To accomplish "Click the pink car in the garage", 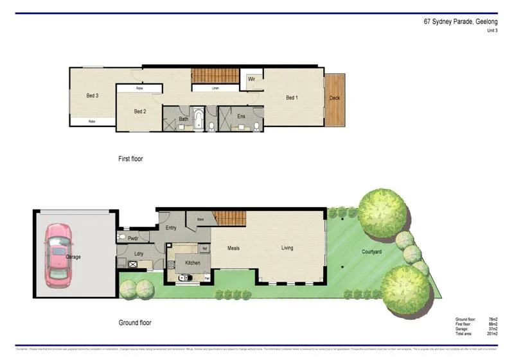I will pyautogui.click(x=58, y=255).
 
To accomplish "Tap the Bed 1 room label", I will pyautogui.click(x=292, y=97).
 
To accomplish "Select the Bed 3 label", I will pyautogui.click(x=92, y=96).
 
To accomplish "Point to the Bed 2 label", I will pyautogui.click(x=141, y=112).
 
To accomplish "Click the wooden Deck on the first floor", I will pyautogui.click(x=335, y=99).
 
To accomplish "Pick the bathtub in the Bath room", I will pyautogui.click(x=199, y=119).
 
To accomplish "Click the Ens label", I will pyautogui.click(x=241, y=116).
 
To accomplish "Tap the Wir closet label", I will pyautogui.click(x=252, y=80).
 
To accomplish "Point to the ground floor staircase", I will pyautogui.click(x=229, y=219).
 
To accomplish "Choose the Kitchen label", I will pyautogui.click(x=193, y=262).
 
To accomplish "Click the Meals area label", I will pyautogui.click(x=233, y=248).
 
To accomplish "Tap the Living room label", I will pyautogui.click(x=287, y=248).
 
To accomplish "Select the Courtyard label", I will pyautogui.click(x=371, y=251).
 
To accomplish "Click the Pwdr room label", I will pyautogui.click(x=134, y=239).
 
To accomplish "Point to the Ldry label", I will pyautogui.click(x=139, y=253).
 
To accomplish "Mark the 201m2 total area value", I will pyautogui.click(x=493, y=333).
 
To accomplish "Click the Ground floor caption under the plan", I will pyautogui.click(x=135, y=323).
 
